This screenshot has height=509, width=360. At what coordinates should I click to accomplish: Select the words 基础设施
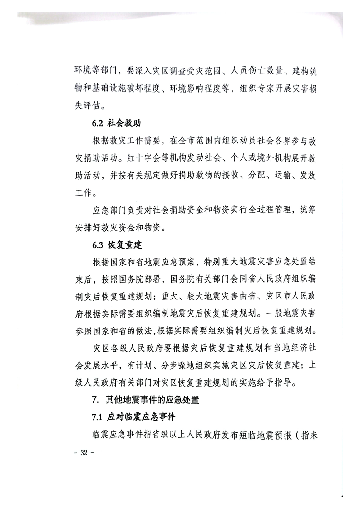click(x=122, y=89)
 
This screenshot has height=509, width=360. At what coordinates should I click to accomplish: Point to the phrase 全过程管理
click(x=259, y=211)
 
